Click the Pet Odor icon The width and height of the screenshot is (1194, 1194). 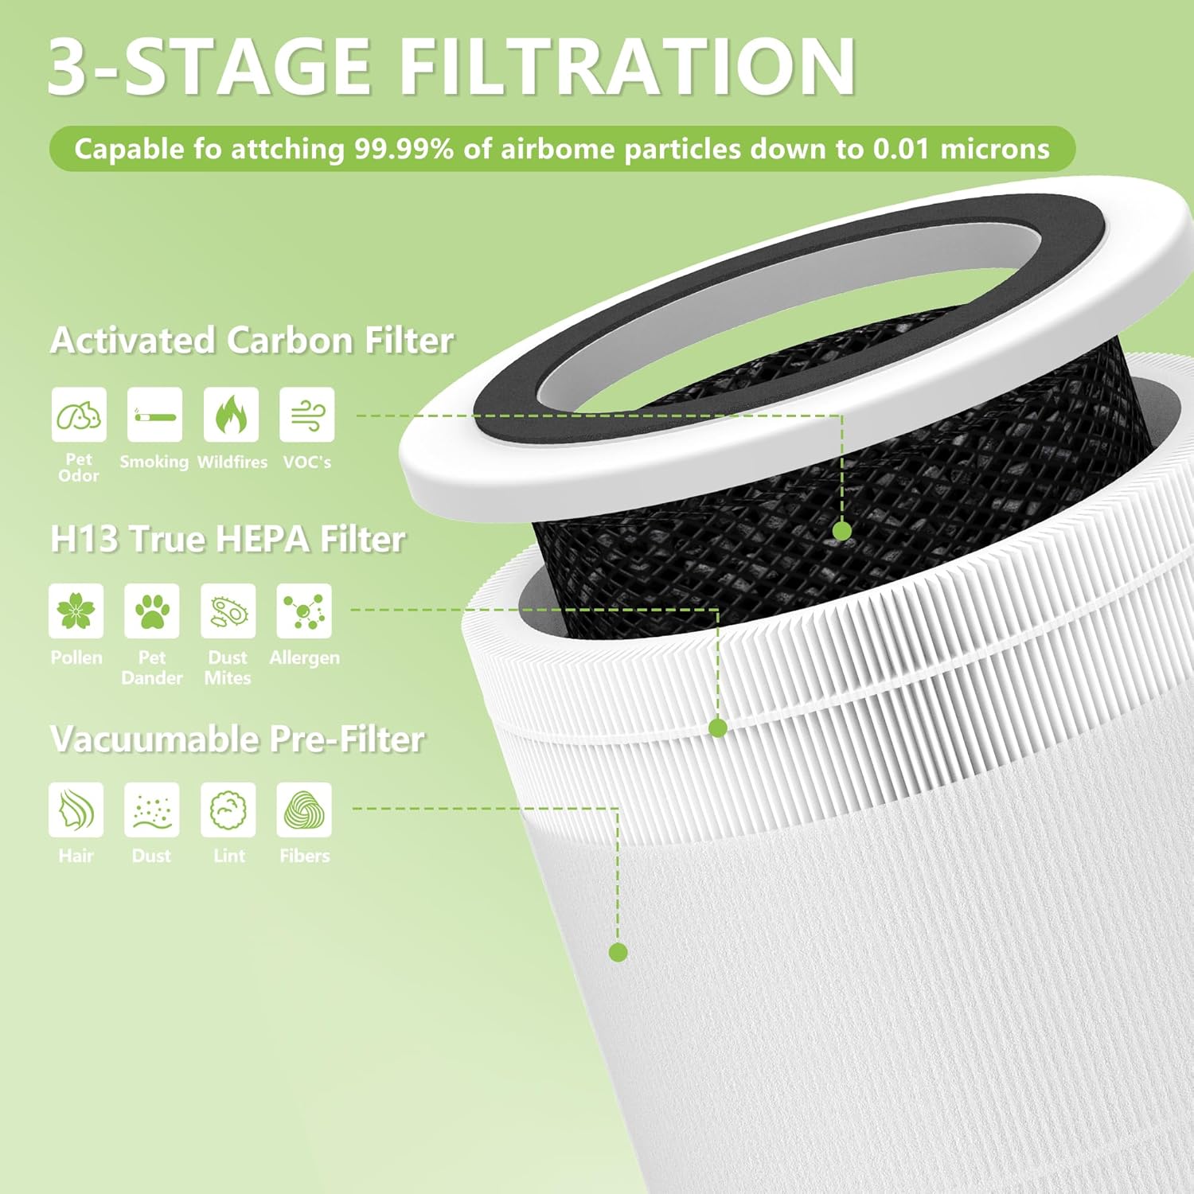79,415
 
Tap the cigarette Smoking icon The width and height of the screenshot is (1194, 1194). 154,415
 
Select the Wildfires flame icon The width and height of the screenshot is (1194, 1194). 231,415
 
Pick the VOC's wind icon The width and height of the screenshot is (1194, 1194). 306,415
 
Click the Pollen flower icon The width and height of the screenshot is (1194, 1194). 76,611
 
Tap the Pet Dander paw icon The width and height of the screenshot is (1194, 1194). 151,611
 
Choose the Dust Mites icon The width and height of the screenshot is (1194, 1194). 228,611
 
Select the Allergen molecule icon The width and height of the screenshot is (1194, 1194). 304,611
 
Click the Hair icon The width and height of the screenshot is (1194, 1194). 76,810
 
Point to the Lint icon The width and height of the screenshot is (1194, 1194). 228,810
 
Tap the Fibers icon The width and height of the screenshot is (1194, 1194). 304,810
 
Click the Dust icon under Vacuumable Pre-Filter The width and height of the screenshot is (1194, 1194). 151,810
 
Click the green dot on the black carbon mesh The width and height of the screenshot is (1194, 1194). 841,531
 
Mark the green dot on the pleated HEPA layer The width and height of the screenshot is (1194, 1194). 717,728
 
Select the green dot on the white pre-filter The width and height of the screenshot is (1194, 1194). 618,952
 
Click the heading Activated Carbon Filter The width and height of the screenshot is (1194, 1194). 251,341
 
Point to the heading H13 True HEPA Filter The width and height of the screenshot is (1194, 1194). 227,539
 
